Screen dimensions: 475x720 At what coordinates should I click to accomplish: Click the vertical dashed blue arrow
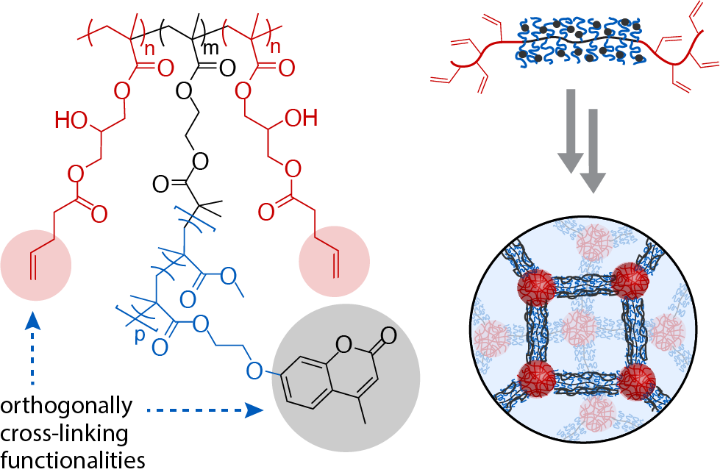click(32, 349)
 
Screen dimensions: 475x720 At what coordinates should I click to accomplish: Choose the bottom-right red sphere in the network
click(635, 380)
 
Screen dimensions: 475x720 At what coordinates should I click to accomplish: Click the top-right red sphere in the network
click(634, 280)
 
